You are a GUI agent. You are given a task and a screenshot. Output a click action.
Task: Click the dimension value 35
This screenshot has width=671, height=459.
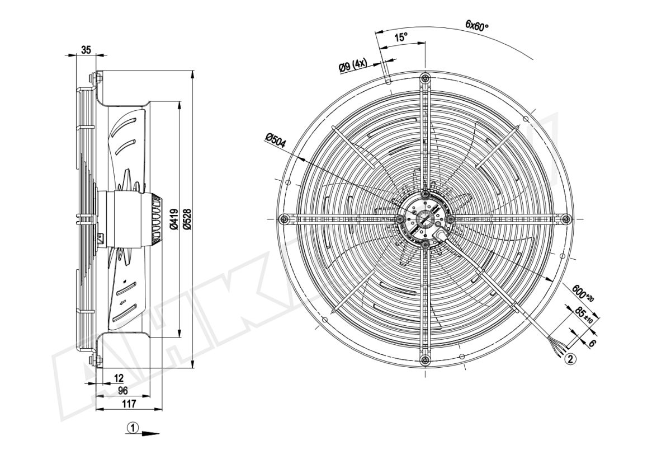[x=86, y=50]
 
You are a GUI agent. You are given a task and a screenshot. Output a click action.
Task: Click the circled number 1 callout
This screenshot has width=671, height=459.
[x=133, y=428]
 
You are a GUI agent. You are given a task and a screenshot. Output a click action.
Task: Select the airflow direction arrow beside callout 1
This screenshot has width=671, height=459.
[x=150, y=433]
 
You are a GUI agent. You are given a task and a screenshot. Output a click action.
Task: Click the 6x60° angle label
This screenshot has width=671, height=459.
[x=477, y=25]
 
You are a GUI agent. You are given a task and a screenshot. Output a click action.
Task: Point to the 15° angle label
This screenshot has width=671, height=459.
[x=401, y=38]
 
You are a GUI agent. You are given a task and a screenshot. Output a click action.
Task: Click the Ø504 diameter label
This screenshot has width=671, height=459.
[x=276, y=140]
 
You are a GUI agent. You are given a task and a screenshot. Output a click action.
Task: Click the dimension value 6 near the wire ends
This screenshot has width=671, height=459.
[x=592, y=344]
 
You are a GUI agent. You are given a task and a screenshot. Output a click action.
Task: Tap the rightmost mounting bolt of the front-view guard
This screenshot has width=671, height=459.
[x=565, y=218]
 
